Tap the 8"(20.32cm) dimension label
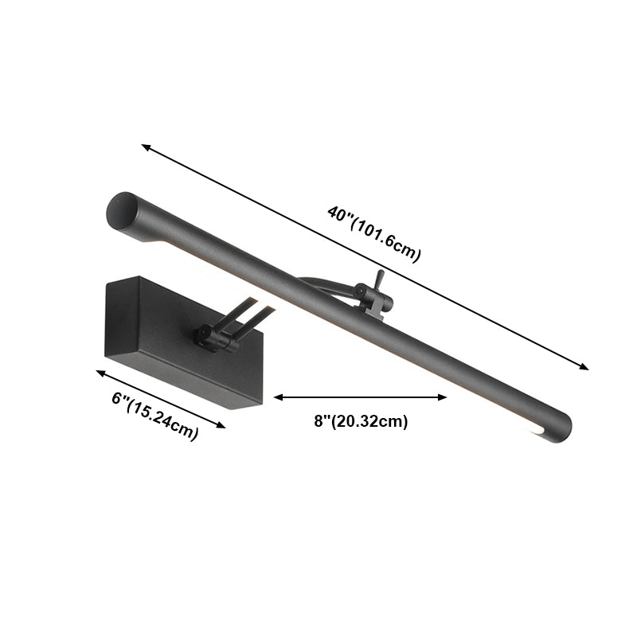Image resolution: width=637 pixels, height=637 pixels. [x=361, y=422]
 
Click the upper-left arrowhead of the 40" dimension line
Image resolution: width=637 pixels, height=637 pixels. [x=144, y=146]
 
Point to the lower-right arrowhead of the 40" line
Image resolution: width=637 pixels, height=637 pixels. [x=585, y=368]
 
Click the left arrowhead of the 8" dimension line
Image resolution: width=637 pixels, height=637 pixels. [x=277, y=397]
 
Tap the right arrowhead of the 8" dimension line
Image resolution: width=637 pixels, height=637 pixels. [x=445, y=397]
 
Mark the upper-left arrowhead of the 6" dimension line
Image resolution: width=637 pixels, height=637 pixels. [x=100, y=372]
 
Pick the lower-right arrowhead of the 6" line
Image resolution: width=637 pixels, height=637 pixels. [x=222, y=426]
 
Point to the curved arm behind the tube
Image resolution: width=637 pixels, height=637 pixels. [x=326, y=287]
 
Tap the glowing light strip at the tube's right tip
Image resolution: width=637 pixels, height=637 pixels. [x=533, y=430]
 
